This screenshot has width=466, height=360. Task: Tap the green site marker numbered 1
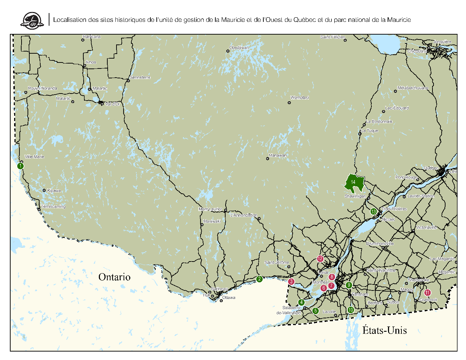pos(21,166)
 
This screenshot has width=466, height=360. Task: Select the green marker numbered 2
pos(259,279)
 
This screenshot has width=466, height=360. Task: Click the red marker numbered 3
pos(291,282)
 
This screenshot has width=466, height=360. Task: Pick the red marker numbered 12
pos(320,259)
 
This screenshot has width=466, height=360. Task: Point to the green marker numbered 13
pos(374,212)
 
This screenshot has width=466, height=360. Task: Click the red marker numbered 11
pos(428,293)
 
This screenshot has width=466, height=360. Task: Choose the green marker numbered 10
pos(351,310)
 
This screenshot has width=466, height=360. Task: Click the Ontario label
pos(114,277)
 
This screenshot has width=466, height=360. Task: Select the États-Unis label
pos(384,330)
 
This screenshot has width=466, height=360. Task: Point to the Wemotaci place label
pos(300,98)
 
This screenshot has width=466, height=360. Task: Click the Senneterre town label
pos(140,77)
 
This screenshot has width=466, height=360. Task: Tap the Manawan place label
pos(278,155)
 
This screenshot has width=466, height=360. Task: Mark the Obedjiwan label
pos(239,48)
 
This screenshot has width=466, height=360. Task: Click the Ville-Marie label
pos(35,157)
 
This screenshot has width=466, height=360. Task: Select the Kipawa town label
pos(54,191)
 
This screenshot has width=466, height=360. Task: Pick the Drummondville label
pos(380,244)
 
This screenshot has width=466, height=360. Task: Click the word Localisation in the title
pos(70,20)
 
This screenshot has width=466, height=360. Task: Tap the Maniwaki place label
pos(212,221)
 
